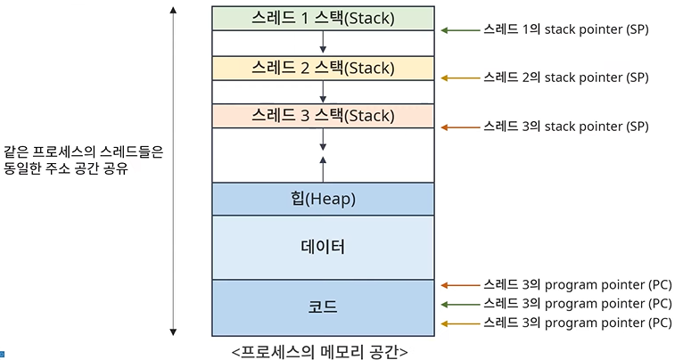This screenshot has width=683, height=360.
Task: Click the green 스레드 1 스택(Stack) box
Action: (323, 18)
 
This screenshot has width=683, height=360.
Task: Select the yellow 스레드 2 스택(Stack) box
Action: (323, 68)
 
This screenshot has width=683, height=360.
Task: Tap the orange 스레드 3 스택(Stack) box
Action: (323, 116)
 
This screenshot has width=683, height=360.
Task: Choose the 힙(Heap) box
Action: (323, 199)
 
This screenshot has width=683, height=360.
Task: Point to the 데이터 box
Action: (323, 247)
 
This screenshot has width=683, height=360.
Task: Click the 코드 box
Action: (323, 307)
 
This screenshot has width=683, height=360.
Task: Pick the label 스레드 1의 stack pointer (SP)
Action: (565, 29)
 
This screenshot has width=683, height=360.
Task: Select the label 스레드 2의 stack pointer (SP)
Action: (565, 78)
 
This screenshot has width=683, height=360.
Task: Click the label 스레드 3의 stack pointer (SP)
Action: (565, 127)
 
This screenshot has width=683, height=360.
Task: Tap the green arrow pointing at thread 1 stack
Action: (459, 30)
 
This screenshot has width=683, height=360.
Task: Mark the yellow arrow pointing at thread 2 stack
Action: (459, 78)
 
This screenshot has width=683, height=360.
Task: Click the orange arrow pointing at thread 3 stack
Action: (459, 127)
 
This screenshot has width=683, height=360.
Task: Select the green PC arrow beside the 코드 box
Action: (459, 304)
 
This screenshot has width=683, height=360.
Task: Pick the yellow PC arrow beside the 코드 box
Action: (459, 323)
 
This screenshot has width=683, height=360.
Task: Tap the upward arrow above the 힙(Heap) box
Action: (323, 168)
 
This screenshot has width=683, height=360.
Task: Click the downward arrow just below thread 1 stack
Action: (323, 42)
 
